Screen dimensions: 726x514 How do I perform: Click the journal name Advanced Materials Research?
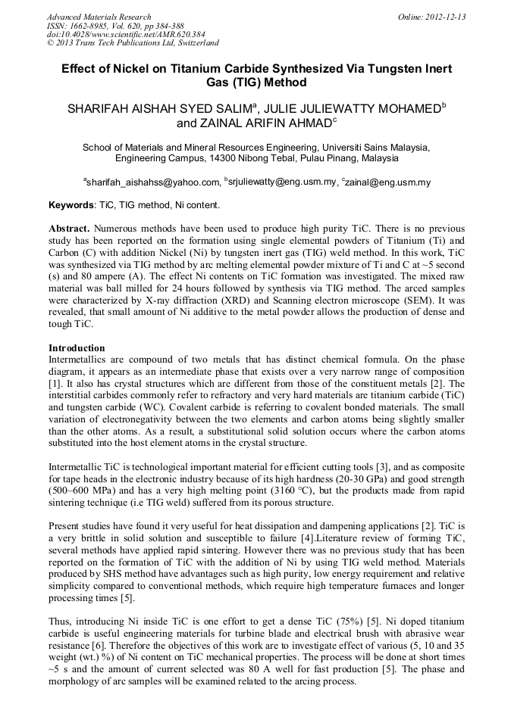99,17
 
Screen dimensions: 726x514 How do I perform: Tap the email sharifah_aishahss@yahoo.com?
152,182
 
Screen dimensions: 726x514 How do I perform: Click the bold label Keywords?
71,205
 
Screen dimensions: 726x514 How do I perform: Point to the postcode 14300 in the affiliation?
225,159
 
